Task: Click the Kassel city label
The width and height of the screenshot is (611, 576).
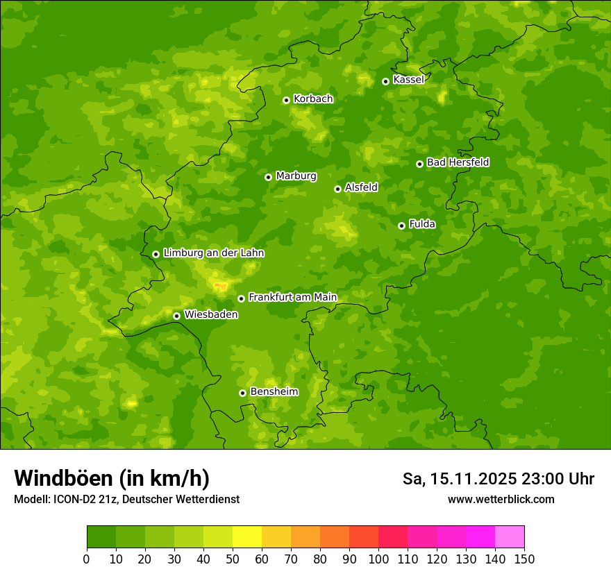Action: [408, 80]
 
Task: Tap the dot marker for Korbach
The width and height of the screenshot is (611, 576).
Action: [286, 100]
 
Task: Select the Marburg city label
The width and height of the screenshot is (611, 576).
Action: [296, 176]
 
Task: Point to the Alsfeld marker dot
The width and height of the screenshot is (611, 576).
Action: [337, 189]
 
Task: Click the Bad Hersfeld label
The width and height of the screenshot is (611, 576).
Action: [458, 162]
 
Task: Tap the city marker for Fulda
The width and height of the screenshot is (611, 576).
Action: [401, 226]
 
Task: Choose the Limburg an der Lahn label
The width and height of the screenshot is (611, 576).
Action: [213, 253]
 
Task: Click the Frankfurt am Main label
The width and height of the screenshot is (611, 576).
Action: [292, 298]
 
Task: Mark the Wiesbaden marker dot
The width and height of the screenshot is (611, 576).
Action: [176, 316]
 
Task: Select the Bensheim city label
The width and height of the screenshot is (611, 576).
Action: [274, 392]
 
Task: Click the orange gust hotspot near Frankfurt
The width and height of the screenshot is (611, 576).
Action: [221, 285]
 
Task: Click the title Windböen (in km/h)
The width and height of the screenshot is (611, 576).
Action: [111, 478]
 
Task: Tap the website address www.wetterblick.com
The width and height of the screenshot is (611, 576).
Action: [501, 499]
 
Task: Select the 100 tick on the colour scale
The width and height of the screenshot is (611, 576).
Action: [378, 559]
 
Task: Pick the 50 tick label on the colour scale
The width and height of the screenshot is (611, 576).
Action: [233, 559]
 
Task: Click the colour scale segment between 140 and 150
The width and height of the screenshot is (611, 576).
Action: [510, 536]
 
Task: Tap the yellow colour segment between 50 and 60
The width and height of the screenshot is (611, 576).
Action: [247, 536]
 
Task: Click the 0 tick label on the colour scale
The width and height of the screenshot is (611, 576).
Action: [87, 559]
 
